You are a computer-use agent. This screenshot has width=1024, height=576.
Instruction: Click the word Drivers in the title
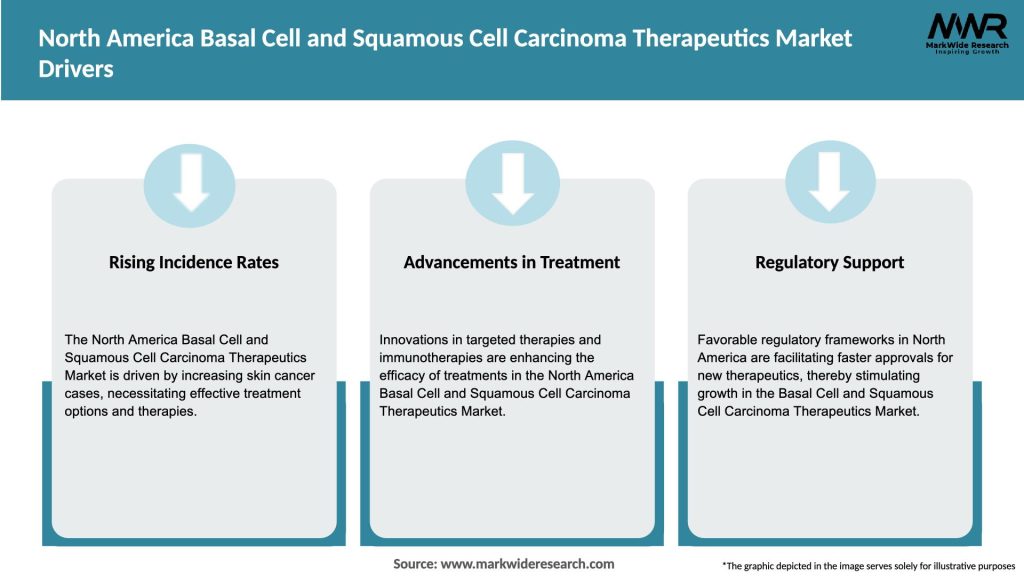(76, 71)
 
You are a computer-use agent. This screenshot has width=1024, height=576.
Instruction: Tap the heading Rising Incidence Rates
(194, 262)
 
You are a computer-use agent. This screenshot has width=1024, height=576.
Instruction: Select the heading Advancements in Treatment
(512, 262)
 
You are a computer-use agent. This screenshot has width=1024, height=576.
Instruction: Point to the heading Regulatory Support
(830, 262)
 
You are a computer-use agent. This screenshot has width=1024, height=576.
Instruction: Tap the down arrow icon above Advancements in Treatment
(512, 180)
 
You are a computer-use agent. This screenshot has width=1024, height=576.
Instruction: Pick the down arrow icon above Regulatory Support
(830, 180)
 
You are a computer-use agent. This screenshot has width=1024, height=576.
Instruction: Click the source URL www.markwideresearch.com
(527, 564)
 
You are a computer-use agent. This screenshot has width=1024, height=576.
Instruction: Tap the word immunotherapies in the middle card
(430, 358)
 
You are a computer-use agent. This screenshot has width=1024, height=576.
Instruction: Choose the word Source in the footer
(414, 564)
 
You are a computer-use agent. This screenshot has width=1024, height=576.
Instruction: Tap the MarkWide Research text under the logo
(966, 46)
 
